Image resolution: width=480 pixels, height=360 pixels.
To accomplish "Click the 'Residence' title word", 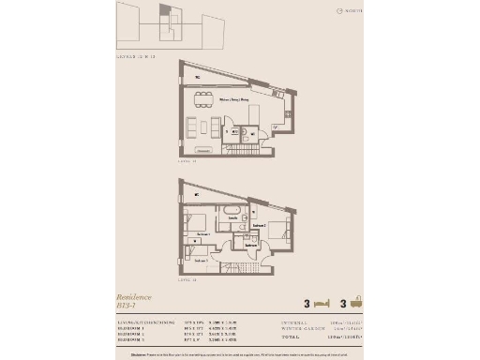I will [133, 296].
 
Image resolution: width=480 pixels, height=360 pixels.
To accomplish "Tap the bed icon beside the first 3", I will [322, 304].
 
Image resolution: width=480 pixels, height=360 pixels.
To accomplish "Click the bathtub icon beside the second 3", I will [356, 304].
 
